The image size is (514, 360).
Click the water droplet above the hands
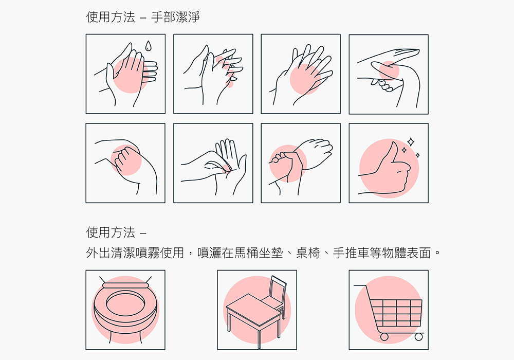pos(149,46)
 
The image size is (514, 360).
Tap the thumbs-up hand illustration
pos(385,170)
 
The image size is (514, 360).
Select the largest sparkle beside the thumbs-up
pos(410,142)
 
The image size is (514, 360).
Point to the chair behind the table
pos(274,294)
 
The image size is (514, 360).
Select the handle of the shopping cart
pos(361,285)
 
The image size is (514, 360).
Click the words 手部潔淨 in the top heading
pos(175,17)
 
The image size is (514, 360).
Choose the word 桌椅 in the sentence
pos(307,253)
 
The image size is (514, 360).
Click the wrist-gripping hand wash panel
pos(301,163)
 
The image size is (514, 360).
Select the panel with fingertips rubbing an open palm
pos(213,163)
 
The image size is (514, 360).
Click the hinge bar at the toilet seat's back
pos(125,285)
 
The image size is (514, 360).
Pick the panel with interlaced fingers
pos(213,74)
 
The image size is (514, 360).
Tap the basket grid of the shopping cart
pos(397,313)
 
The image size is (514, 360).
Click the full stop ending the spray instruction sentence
pos(437,254)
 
